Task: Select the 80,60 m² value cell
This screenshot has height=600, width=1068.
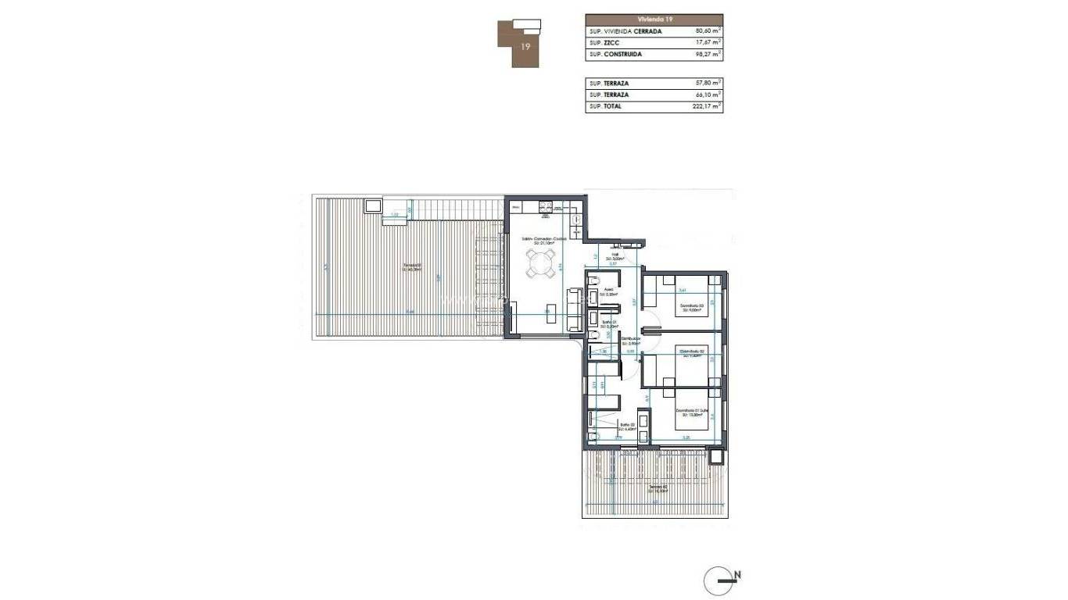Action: pos(708,31)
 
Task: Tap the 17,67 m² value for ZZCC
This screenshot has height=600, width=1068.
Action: pos(708,43)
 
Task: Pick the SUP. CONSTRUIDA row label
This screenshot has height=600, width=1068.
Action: pos(616,55)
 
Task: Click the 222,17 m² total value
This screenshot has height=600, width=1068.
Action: pos(708,106)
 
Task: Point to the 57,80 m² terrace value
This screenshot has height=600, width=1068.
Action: pos(708,83)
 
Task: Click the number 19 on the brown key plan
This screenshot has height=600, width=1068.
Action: pos(526,47)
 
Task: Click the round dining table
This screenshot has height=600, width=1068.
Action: pos(543,265)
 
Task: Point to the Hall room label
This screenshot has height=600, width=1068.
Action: pos(615,256)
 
